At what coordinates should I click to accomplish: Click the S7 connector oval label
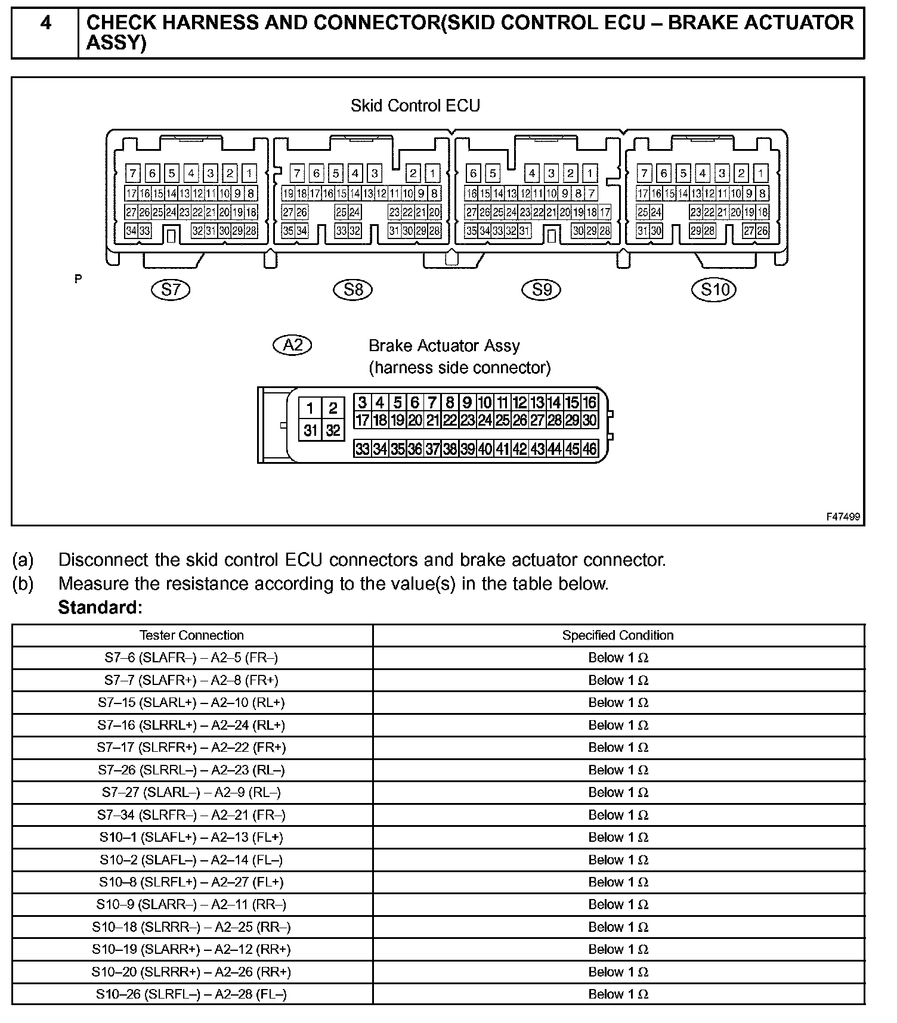pos(171,290)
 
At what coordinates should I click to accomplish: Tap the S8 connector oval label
pos(353,290)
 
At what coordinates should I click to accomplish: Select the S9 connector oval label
pos(542,290)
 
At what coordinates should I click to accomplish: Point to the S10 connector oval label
pos(714,290)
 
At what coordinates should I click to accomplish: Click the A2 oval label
pos(292,345)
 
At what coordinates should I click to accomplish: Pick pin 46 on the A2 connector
pos(589,448)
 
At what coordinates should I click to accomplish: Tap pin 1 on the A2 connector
pos(310,408)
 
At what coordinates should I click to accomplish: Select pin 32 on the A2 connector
pos(333,430)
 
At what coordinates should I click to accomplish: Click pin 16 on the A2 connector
pos(589,402)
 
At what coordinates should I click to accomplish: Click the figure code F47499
pos(843,516)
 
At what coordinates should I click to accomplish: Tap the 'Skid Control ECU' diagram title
pos(415,106)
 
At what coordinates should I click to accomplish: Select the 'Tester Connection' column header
pos(191,635)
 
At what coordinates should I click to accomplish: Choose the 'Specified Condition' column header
pos(618,635)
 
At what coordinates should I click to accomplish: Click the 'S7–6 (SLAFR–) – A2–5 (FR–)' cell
pos(191,658)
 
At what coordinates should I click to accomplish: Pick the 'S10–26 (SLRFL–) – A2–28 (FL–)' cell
pos(191,994)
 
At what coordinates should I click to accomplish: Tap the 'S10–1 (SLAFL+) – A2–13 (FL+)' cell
pos(191,837)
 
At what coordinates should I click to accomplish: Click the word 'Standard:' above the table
pos(100,607)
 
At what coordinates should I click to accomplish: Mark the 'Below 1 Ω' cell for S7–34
pos(618,815)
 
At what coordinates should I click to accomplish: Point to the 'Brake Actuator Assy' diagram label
pos(444,346)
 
